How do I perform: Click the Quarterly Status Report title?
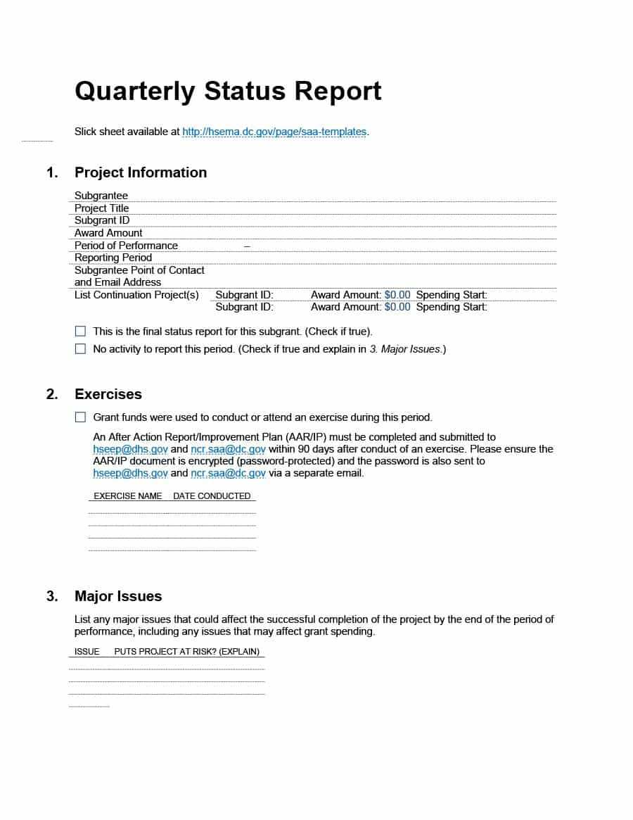tap(228, 92)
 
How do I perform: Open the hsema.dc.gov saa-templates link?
tap(274, 132)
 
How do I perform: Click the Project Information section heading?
tap(141, 172)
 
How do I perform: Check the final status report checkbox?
tap(80, 331)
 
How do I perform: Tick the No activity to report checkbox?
tap(80, 349)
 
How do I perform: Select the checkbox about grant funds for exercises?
tap(80, 417)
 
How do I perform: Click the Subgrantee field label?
tap(101, 196)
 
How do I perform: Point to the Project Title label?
tap(102, 208)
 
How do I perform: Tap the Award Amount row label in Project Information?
tap(108, 233)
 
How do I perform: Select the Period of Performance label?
tap(126, 246)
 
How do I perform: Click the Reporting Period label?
tap(113, 258)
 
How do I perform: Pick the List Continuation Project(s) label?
tap(136, 295)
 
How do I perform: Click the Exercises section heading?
tap(108, 394)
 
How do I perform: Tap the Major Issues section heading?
tap(118, 596)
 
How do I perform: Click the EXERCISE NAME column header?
tap(128, 496)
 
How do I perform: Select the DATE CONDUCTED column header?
tap(212, 496)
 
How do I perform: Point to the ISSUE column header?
tap(87, 652)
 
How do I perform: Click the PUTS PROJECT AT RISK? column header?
tap(187, 652)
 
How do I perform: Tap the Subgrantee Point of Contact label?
tap(139, 270)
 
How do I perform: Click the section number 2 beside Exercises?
tap(52, 394)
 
